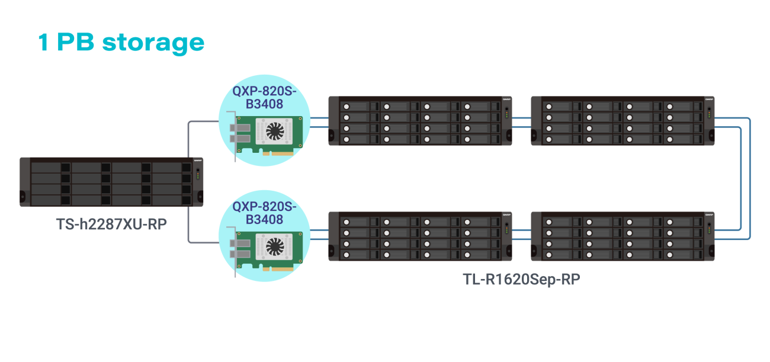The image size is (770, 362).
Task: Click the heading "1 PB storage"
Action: click(x=121, y=43)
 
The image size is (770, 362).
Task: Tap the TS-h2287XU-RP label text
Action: click(x=111, y=225)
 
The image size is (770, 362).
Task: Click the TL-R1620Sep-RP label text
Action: click(x=521, y=280)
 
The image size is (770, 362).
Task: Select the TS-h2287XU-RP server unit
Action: click(x=111, y=182)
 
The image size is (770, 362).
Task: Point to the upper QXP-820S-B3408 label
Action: click(x=264, y=97)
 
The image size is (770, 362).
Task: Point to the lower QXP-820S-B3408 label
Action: click(x=264, y=213)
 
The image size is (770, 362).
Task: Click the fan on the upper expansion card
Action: click(x=275, y=131)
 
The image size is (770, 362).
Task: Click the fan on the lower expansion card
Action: click(x=275, y=246)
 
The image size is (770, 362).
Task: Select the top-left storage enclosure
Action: click(x=421, y=121)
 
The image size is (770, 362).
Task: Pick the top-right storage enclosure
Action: click(x=623, y=121)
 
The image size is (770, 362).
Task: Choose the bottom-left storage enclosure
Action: click(x=421, y=236)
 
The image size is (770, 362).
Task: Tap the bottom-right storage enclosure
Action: click(x=623, y=236)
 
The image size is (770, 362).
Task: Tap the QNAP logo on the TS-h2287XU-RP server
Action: click(x=198, y=160)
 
